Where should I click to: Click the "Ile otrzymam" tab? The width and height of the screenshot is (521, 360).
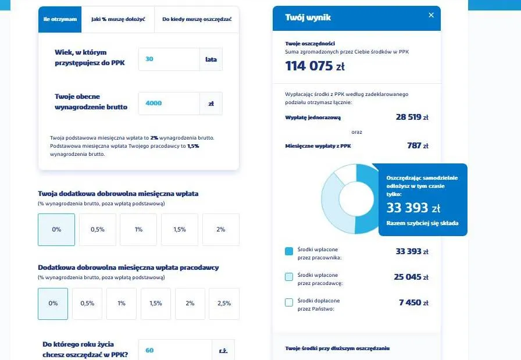tap(60, 19)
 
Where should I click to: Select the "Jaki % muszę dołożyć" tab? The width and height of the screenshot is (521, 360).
tap(118, 19)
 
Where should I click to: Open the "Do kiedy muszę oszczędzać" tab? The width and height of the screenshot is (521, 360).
tap(197, 19)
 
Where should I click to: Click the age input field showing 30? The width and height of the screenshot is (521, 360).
tap(169, 59)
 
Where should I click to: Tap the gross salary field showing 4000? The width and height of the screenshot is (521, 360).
tap(169, 104)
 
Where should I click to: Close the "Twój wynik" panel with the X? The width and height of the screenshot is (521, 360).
tap(431, 15)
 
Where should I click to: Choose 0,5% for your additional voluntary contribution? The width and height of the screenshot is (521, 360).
tap(98, 229)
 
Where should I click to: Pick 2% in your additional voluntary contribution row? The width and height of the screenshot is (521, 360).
tap(221, 229)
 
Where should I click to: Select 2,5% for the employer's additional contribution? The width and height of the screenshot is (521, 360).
tap(224, 303)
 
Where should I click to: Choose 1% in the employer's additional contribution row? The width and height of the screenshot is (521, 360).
tap(122, 303)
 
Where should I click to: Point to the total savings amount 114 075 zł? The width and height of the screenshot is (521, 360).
tap(314, 66)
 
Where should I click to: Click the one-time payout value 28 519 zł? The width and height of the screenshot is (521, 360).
tap(412, 117)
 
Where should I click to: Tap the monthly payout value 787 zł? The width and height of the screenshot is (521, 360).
tap(417, 145)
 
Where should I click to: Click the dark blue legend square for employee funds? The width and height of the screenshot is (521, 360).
tap(289, 251)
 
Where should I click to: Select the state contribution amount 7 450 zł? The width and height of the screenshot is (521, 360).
tap(413, 302)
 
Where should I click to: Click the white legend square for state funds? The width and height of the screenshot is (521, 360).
tap(289, 302)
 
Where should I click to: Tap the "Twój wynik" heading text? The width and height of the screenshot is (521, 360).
tap(308, 17)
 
